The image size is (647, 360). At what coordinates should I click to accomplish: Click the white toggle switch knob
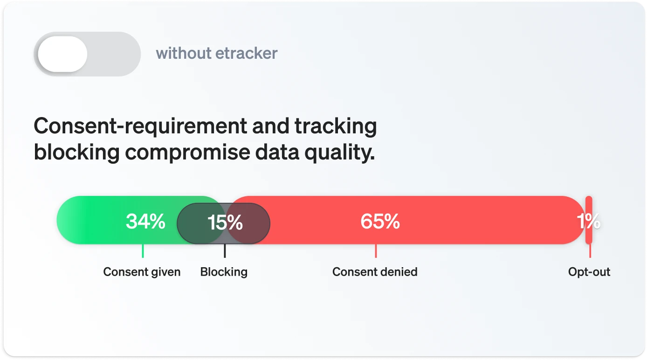coord(62,54)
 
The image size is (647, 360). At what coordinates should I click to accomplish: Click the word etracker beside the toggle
coord(247,53)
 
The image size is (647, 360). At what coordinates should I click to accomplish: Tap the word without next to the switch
coord(184,53)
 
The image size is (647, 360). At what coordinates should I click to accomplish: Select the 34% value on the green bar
coord(145,222)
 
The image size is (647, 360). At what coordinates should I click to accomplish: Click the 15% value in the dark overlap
coord(225,222)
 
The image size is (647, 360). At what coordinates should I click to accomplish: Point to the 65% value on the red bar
coord(380,222)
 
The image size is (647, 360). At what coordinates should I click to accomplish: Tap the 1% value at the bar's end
coord(589,222)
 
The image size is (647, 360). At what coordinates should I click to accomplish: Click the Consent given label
coord(142,272)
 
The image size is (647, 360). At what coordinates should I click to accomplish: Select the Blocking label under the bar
coord(224,272)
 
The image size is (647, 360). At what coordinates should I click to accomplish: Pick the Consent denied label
coord(375,272)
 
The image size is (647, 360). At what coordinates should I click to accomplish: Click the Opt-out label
coord(589,272)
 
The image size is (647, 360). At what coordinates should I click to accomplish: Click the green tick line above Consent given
coord(143,251)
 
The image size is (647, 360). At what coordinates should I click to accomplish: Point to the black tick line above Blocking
coord(225,251)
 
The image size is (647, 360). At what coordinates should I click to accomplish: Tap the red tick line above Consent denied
coord(376,251)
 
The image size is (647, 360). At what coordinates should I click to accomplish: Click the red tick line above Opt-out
coord(590,251)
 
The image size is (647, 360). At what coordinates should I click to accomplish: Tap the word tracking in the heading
coord(336,126)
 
